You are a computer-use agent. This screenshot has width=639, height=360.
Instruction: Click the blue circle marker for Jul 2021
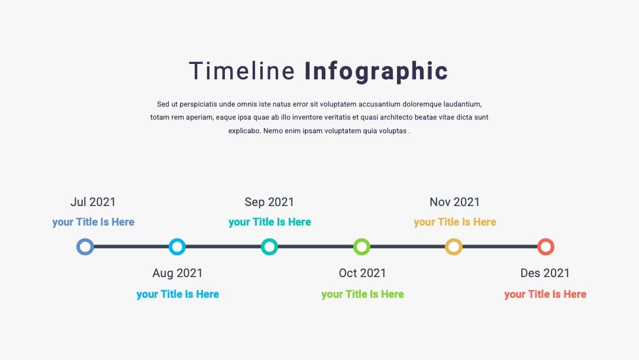tap(78, 247)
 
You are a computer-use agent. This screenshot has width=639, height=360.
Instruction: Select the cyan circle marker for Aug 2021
tap(170, 247)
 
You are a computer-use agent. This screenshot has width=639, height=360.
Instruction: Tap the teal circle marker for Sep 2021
tap(263, 247)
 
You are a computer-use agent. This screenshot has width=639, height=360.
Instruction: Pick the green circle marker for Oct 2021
tap(355, 247)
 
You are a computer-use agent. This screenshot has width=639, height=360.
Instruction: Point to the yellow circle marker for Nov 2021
tap(447, 247)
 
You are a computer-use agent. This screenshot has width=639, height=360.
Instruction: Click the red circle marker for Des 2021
tap(539, 247)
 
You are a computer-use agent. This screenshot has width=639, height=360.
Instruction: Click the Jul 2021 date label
tap(93, 202)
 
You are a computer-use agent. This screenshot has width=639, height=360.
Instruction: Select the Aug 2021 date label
tap(177, 273)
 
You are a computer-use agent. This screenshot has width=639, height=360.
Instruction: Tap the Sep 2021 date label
tap(269, 202)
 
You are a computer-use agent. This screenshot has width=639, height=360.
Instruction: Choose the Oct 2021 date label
tap(362, 273)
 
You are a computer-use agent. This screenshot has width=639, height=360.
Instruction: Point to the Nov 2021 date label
tap(454, 202)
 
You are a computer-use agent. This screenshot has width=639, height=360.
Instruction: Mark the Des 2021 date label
tap(545, 273)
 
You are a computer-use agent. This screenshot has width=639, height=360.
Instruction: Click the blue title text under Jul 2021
tap(93, 222)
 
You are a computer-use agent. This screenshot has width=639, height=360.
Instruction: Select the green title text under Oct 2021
tap(362, 294)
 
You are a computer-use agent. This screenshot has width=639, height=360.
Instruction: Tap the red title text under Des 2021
tap(546, 294)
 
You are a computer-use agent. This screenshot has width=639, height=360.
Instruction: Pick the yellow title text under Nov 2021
tap(455, 222)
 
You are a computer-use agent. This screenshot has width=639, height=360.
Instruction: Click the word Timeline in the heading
tap(241, 70)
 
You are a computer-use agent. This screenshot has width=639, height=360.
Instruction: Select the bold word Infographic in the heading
tap(376, 72)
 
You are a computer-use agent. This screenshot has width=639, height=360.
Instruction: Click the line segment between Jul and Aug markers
tap(131, 247)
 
